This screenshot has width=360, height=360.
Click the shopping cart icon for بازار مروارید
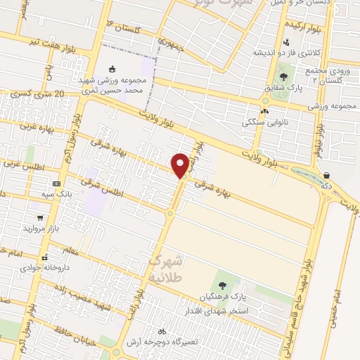pos(40,218)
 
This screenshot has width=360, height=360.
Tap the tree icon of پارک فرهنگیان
pos(223,285)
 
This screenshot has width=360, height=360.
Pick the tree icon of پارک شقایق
pos(283,76)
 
